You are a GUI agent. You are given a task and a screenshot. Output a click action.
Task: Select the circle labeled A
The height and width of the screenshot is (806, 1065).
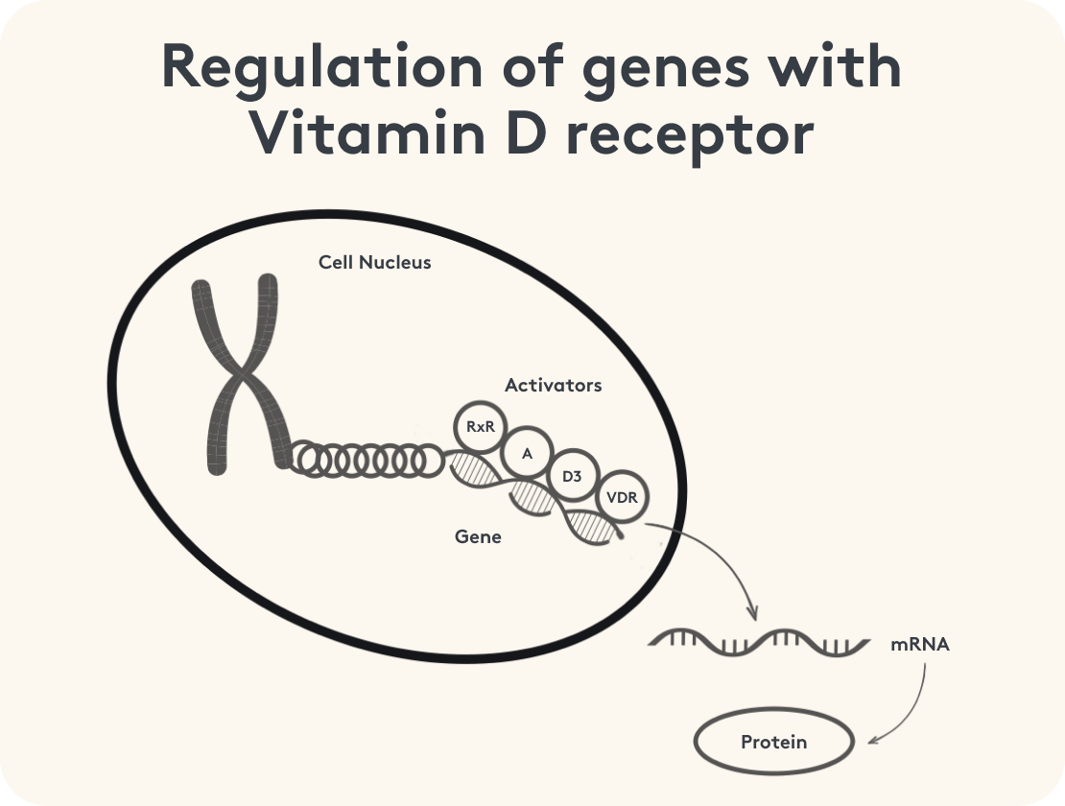coord(526,453)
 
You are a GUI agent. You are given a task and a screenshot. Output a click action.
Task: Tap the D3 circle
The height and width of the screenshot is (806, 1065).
coord(574,476)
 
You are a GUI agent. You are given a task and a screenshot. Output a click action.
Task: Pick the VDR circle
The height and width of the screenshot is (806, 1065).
coord(623,499)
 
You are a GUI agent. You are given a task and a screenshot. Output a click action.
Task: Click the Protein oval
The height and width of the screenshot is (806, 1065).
coord(773,742)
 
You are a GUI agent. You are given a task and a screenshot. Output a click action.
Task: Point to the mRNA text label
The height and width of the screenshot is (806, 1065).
coord(919,645)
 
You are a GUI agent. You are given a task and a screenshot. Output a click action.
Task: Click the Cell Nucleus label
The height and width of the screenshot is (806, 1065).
coord(374,262)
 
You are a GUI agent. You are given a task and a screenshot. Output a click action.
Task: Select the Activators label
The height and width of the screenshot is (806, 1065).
coord(553,385)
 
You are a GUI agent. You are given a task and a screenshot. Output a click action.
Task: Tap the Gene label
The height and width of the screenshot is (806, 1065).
coord(478,536)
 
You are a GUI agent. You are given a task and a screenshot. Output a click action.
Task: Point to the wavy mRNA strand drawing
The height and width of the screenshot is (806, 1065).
coord(754,643)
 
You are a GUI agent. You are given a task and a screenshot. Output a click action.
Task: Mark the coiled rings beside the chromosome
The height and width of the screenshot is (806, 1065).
coord(366,460)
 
